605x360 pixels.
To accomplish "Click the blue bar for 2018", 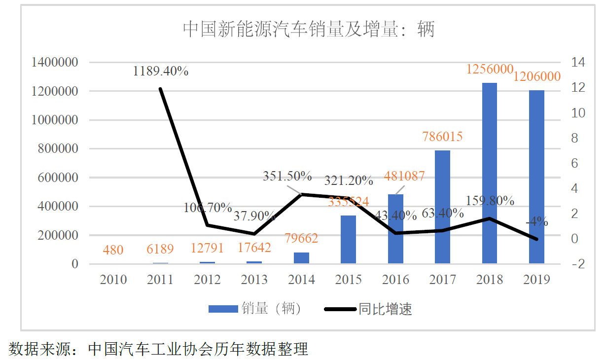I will tap(490, 173).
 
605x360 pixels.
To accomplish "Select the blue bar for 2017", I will tap(443, 207).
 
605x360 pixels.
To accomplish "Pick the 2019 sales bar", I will tap(536, 177).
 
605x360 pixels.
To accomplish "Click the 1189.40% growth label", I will tap(161, 71).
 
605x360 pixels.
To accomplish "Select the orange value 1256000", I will tap(490, 70).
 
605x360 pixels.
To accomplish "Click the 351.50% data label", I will tap(287, 176).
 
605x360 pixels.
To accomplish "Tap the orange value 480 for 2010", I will tap(113, 250).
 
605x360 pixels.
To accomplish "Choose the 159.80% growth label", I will tap(490, 201).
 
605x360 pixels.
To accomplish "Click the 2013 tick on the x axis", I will tap(254, 280).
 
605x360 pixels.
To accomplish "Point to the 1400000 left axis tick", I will tap(54, 63).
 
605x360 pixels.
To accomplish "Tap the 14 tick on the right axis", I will tap(578, 63).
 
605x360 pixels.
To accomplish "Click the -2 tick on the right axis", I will tap(578, 264).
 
